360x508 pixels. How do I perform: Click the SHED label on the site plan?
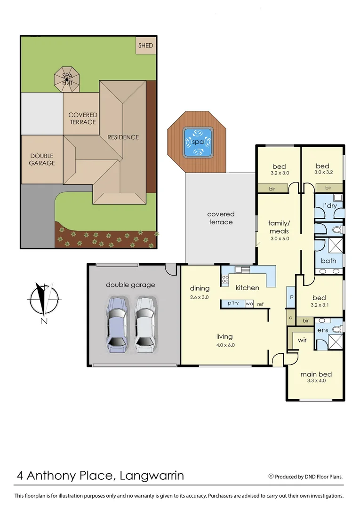click(x=145, y=46)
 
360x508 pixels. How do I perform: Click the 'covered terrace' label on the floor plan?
click(x=221, y=218)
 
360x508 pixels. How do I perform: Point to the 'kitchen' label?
click(x=247, y=287)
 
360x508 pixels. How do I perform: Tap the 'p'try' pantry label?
click(x=233, y=303)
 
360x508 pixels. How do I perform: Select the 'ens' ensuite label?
click(x=323, y=331)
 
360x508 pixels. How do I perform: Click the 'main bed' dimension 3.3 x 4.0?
click(x=316, y=381)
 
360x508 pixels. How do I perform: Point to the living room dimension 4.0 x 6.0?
click(x=224, y=345)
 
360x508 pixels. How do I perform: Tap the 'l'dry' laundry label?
click(x=329, y=206)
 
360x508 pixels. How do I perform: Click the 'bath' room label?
click(x=328, y=261)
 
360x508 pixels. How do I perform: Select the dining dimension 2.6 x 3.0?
click(x=199, y=297)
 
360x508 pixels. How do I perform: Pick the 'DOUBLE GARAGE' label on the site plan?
click(x=42, y=159)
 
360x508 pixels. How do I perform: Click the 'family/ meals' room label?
click(x=279, y=227)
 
